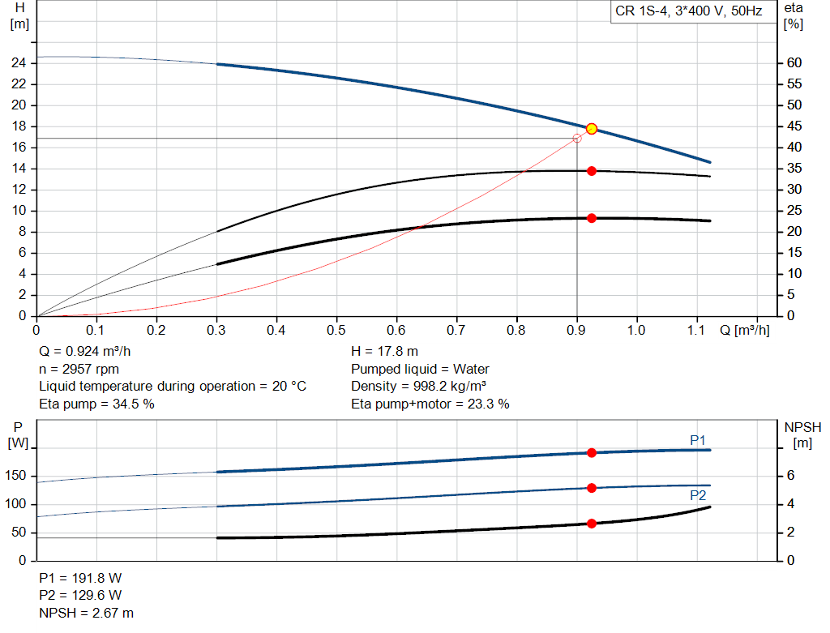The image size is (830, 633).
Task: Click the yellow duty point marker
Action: [x=592, y=129]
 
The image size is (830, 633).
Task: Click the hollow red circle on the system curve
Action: [x=577, y=139]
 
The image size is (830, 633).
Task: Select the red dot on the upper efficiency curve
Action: [x=592, y=171]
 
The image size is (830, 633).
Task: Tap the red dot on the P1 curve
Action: [x=592, y=452]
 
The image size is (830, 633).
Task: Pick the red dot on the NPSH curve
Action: [x=592, y=524]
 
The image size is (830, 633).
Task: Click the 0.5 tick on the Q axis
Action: [x=336, y=330]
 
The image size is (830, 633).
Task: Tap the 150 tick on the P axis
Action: [x=16, y=476]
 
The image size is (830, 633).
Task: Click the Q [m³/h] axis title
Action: [x=744, y=330]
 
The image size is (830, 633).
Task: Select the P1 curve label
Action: [x=698, y=440]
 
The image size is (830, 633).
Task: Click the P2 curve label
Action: [x=698, y=495]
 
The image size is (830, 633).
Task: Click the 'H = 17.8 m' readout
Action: [x=384, y=352]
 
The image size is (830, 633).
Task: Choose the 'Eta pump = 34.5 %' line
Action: [x=96, y=403]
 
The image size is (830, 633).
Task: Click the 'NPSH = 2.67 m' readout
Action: [x=87, y=613]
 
